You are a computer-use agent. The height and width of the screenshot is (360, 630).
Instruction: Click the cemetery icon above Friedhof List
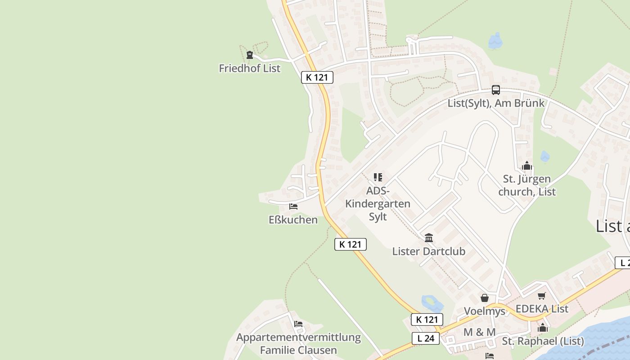[250, 55]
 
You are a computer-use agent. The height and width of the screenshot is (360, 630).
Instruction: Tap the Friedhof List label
[249, 68]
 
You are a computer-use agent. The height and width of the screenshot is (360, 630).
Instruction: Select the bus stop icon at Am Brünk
[495, 90]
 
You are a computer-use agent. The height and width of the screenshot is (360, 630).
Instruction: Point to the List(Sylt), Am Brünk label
[495, 103]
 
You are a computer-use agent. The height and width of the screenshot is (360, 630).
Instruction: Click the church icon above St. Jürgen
[527, 166]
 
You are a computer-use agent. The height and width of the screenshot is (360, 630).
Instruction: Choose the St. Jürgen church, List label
[526, 185]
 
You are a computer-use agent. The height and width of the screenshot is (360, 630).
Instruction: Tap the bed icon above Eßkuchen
[293, 207]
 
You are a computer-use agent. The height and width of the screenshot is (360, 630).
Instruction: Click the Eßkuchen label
[293, 220]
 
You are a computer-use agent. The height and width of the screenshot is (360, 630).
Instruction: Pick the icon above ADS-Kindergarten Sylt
[378, 177]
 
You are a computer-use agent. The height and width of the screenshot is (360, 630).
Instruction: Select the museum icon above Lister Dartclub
[429, 238]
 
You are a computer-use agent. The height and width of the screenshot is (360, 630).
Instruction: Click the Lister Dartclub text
[428, 251]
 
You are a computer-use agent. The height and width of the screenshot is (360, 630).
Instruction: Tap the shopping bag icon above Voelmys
[485, 298]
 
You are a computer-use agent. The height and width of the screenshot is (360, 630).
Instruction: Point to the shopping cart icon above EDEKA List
[542, 296]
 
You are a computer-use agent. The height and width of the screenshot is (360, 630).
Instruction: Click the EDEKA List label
[542, 309]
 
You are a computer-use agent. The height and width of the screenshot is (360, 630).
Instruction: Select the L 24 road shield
[425, 338]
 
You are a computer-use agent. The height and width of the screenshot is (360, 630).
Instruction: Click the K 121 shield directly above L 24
[427, 320]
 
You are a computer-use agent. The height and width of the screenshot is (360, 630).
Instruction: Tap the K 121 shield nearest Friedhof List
[317, 77]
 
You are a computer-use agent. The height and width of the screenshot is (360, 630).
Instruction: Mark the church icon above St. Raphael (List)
[543, 328]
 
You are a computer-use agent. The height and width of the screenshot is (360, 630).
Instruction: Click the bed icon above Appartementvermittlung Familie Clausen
[298, 324]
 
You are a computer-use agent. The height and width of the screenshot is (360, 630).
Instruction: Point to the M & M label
[479, 332]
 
